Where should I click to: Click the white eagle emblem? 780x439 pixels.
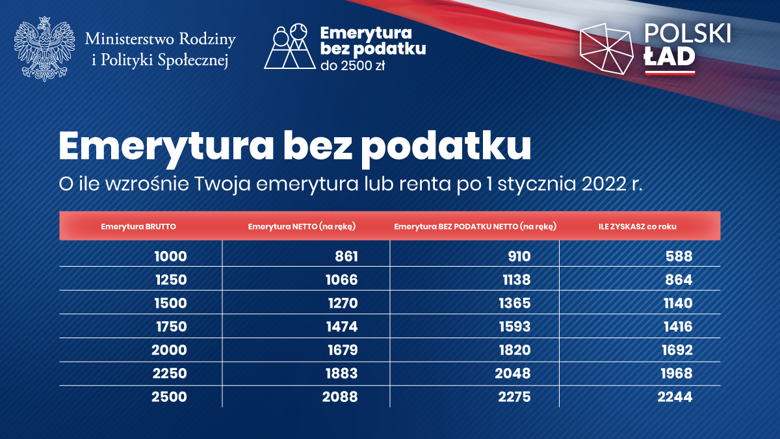45,49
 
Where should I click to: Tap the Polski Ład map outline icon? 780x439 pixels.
607,49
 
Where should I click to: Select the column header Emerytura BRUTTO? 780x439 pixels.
138,226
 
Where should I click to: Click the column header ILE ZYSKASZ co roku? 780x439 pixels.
637,226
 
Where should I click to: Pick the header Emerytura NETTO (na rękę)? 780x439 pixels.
302,226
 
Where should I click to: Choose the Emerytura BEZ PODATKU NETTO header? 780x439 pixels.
475,226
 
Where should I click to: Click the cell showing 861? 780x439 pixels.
346,256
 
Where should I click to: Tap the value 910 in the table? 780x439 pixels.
519,256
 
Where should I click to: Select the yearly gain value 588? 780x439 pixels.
679,256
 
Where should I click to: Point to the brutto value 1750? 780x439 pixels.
172,326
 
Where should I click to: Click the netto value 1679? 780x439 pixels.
343,350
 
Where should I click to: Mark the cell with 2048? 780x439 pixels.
513,373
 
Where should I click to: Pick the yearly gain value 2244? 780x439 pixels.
675,397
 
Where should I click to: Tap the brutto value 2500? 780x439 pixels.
169,397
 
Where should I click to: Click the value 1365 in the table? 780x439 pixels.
515,303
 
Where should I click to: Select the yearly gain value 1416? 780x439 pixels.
678,326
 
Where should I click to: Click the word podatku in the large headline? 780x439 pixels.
446,146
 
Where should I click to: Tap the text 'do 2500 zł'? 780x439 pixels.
352,66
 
